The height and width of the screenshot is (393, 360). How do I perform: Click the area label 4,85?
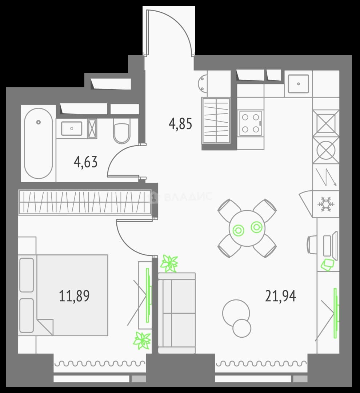[180, 124]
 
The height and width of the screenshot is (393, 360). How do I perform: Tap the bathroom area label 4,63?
[86, 162]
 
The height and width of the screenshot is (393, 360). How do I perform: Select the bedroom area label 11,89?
[74, 296]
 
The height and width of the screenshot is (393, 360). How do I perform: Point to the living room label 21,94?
[280, 296]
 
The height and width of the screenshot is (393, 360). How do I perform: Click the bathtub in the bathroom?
[38, 143]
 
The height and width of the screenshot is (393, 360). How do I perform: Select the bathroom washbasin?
[72, 128]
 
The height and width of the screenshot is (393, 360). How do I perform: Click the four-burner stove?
[251, 124]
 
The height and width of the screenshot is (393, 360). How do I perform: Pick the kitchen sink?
[298, 84]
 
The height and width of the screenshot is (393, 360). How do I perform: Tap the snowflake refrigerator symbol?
[326, 203]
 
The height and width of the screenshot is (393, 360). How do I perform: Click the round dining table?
[247, 228]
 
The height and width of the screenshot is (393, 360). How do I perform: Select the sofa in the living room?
[177, 313]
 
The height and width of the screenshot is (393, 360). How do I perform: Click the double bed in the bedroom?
[63, 295]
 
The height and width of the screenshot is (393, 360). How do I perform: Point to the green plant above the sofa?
[169, 263]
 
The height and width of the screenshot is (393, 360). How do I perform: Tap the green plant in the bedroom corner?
[142, 341]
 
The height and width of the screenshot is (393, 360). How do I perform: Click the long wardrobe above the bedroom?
[85, 202]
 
